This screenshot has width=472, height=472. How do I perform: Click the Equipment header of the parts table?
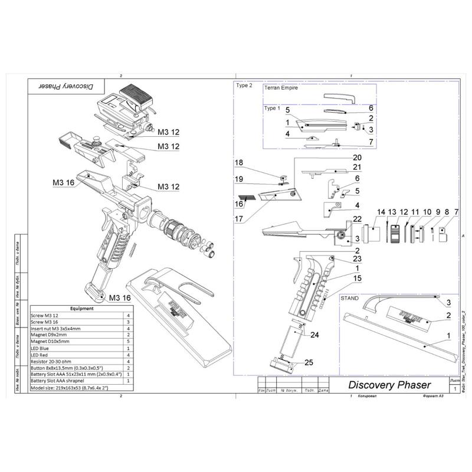tap(81, 308)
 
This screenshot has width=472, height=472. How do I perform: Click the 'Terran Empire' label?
tap(281, 87)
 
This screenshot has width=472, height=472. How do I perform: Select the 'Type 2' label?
tap(244, 85)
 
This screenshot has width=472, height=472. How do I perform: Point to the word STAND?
tap(350, 299)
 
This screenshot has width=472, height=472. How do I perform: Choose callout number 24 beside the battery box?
tap(314, 335)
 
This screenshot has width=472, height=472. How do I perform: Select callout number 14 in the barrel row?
tap(381, 211)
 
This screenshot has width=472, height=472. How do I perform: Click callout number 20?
tap(357, 158)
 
